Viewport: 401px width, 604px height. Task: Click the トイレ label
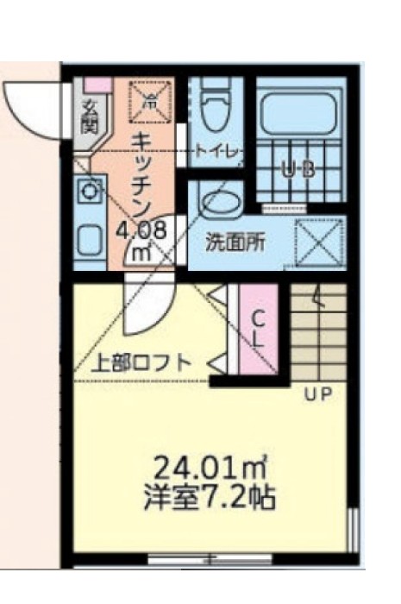pos(216,150)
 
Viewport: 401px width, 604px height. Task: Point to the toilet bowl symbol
pos(212,107)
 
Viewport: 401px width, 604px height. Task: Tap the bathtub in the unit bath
pos(298,113)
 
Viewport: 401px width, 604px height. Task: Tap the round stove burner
pos(88,190)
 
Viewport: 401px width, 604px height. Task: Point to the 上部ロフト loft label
pos(142,362)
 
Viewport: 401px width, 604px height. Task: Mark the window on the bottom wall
pos(208,558)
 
